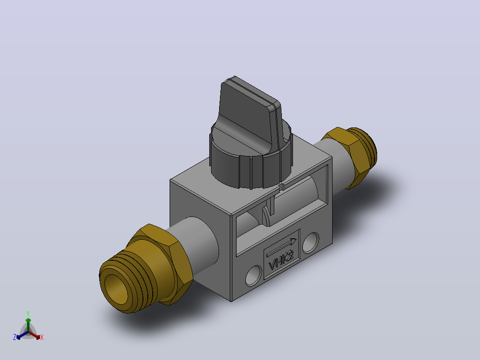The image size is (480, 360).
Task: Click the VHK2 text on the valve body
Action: [281, 261]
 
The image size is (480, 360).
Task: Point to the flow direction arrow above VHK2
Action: [281, 248]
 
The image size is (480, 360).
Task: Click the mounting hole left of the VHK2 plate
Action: [254, 275]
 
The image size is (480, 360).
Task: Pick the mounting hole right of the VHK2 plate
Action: [310, 243]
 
